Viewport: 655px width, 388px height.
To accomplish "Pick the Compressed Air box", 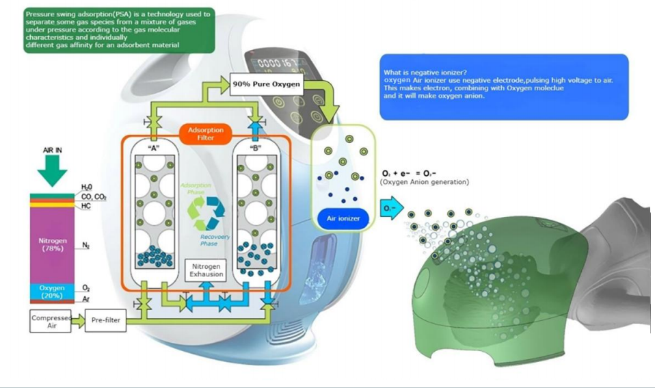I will tap(48, 322).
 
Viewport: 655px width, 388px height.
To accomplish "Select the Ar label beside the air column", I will tap(87, 299).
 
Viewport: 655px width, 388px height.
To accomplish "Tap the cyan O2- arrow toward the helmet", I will tap(390, 209).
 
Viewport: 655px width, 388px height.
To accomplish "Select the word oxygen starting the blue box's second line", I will tap(396, 80).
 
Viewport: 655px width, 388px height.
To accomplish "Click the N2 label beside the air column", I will tap(87, 245).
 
